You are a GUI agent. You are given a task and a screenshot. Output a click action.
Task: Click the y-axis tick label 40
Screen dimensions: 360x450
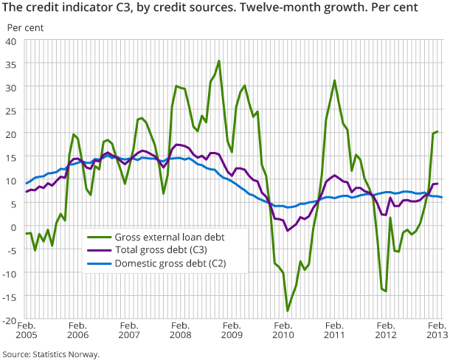tap(12, 41)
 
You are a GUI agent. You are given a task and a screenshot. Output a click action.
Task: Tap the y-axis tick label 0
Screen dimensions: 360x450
tap(14, 226)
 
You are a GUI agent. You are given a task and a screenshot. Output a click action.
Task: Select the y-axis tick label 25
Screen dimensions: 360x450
tap(12, 111)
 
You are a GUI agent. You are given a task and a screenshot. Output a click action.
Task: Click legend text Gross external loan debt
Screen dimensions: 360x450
tap(170, 237)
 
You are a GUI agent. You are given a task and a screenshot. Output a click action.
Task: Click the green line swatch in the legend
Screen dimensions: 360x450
tap(98, 237)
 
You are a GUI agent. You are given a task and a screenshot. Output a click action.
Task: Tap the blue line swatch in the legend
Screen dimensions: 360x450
tap(98, 263)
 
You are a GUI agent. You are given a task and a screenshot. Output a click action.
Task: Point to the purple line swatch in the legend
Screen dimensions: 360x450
tap(98, 250)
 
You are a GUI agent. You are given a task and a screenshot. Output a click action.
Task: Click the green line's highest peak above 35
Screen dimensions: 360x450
tap(219, 61)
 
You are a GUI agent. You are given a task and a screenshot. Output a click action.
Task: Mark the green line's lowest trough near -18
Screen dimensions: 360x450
tap(288, 311)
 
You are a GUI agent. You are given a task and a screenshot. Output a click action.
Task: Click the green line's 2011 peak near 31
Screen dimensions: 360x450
tap(335, 80)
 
